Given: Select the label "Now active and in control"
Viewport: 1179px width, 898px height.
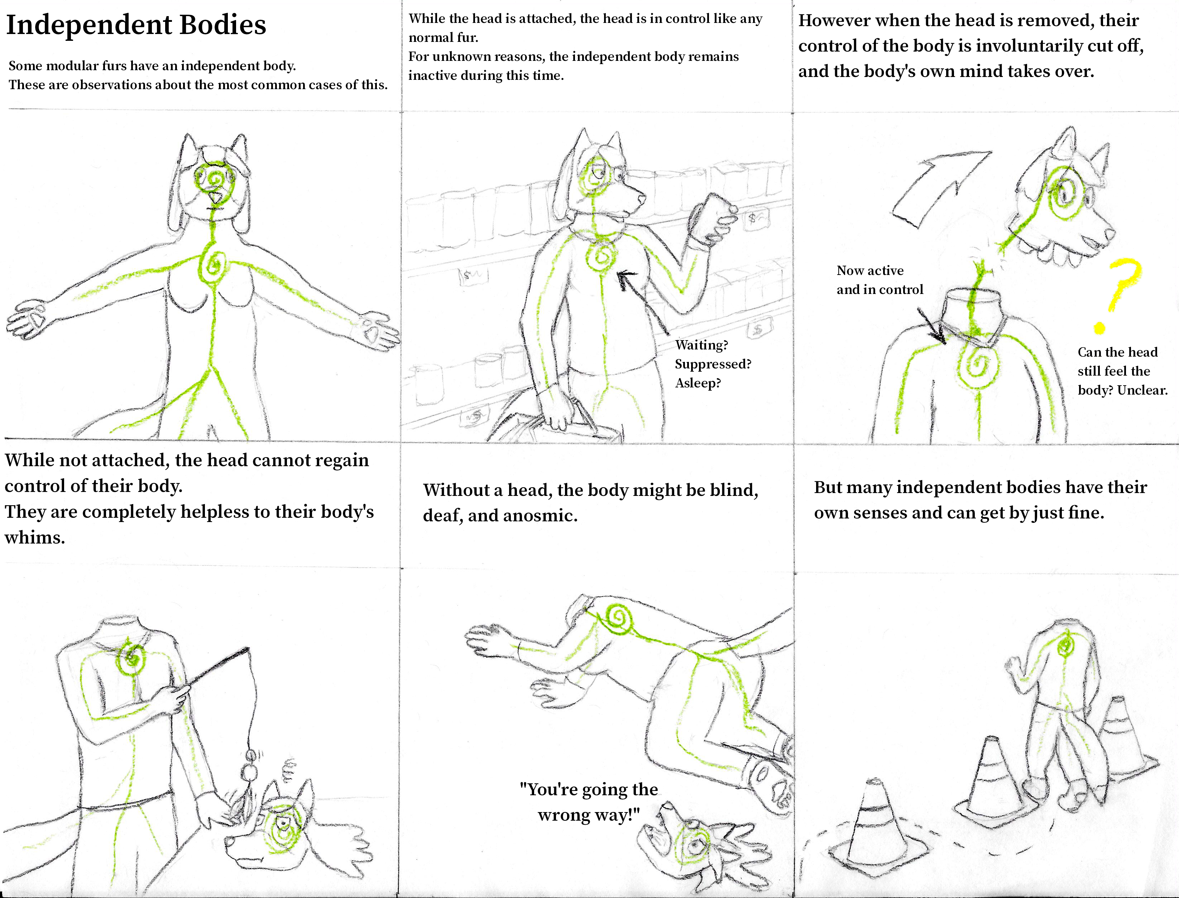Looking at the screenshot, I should pyautogui.click(x=879, y=280).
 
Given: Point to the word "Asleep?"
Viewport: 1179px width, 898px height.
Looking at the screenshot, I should pyautogui.click(x=698, y=383).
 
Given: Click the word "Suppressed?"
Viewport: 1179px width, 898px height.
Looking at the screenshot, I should pyautogui.click(x=713, y=364).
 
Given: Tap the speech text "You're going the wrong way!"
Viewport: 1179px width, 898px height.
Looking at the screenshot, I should pyautogui.click(x=589, y=802).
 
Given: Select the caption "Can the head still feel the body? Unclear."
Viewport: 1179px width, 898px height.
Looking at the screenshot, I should pyautogui.click(x=1122, y=371).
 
